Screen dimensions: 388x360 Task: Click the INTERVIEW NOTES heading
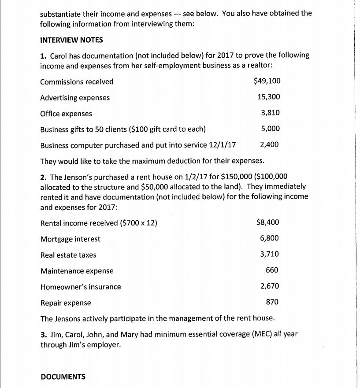pyautogui.click(x=71, y=40)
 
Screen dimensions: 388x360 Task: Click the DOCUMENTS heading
pyautogui.click(x=63, y=377)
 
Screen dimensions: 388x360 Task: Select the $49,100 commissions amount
pyautogui.click(x=267, y=81)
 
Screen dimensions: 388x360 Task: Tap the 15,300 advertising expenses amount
pyautogui.click(x=269, y=97)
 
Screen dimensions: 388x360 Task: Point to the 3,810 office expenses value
pyautogui.click(x=270, y=113)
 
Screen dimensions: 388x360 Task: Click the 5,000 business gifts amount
pyautogui.click(x=270, y=129)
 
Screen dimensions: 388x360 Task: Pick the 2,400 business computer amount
pyautogui.click(x=269, y=144)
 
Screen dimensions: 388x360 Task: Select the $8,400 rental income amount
pyautogui.click(x=267, y=222)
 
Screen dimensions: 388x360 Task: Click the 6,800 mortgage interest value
pyautogui.click(x=269, y=238)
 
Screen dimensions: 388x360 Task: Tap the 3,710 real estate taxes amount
pyautogui.click(x=269, y=254)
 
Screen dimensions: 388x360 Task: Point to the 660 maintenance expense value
pyautogui.click(x=272, y=270)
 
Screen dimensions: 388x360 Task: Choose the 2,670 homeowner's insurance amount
pyautogui.click(x=269, y=286)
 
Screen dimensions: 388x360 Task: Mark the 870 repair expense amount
pyautogui.click(x=272, y=302)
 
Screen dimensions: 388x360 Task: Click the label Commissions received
pyautogui.click(x=77, y=82)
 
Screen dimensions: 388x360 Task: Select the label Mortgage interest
pyautogui.click(x=70, y=239)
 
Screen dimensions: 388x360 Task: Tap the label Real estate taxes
pyautogui.click(x=68, y=255)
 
